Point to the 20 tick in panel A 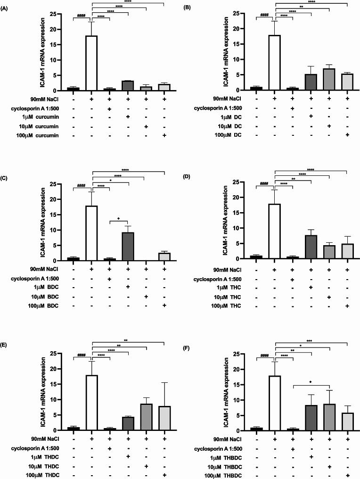click(x=63, y=29)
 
